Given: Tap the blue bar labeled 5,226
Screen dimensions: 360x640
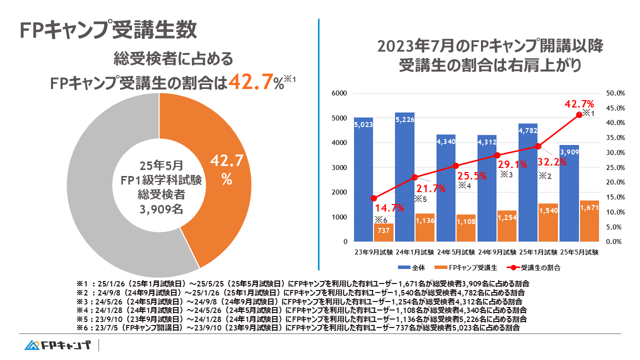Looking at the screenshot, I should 404,175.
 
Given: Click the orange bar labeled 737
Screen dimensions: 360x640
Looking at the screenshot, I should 383,232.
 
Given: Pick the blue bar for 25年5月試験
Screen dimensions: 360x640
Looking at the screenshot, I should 569,195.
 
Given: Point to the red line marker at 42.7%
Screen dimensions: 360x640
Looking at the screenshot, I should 579,115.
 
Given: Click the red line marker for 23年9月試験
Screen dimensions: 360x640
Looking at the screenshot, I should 373,198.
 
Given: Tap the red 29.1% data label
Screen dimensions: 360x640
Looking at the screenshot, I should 509,163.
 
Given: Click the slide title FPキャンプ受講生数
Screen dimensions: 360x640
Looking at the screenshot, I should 108,29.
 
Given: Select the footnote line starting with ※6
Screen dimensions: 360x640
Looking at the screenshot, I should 297,328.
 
